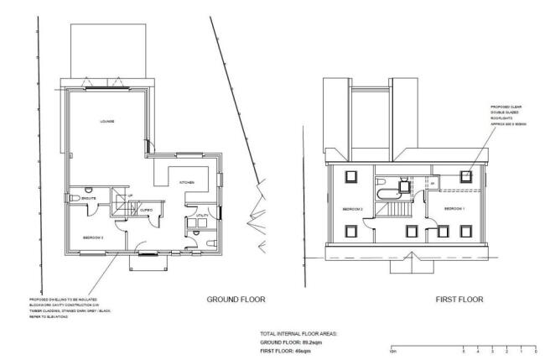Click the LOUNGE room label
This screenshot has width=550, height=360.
[x=107, y=122]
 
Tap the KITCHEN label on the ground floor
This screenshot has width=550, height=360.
[x=188, y=181]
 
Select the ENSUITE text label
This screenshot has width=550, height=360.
[x=88, y=198]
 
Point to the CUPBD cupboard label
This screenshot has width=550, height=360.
[x=146, y=209]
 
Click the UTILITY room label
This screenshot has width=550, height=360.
[x=201, y=216]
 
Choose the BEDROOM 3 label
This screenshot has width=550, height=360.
[x=92, y=237]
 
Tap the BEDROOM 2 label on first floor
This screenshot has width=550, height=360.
[x=351, y=208]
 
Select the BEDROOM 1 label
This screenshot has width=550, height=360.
[x=454, y=208]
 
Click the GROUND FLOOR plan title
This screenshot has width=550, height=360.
[x=236, y=298]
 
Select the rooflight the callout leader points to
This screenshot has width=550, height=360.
[x=466, y=175]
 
